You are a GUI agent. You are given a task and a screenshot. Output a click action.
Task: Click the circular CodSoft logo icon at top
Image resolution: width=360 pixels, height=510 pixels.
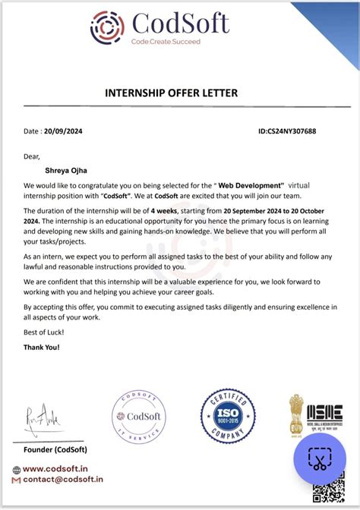pos(107,27)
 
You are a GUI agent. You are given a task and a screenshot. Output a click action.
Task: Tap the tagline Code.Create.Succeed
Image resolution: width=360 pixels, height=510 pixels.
pos(166,42)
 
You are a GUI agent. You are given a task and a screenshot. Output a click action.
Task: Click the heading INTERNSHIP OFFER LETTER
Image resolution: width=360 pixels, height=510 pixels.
pos(171,93)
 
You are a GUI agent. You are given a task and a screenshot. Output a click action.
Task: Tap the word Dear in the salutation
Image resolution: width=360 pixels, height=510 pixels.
pos(31,156)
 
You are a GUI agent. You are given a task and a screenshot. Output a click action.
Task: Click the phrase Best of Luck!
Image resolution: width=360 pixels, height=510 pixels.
pos(44,332)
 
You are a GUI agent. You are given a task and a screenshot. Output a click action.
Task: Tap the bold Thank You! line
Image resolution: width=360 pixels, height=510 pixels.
pos(41,347)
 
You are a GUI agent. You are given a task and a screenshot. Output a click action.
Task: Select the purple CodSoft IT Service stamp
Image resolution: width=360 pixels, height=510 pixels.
pos(138,417)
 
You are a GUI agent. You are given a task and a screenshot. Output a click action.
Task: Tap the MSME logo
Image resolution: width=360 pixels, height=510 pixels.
pos(324,414)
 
